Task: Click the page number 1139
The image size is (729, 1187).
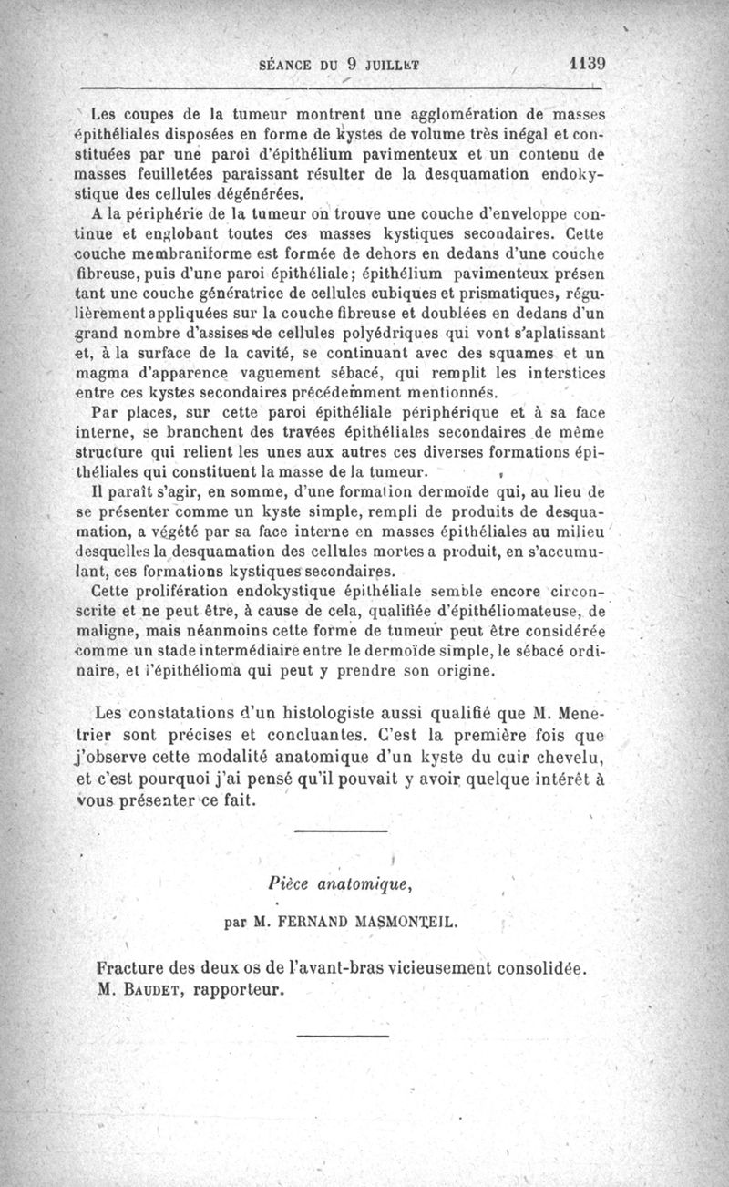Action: pyautogui.click(x=587, y=64)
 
